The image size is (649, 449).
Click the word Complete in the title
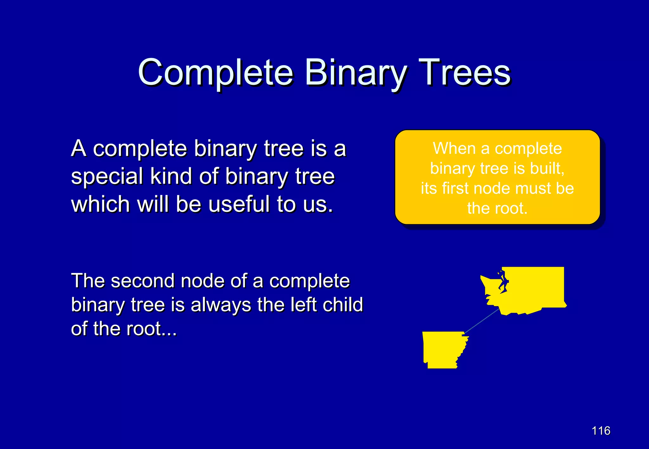215,73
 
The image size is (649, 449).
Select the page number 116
601,431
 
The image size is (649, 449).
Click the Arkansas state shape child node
442,350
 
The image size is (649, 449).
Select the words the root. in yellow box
497,208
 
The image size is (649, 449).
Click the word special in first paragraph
107,176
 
